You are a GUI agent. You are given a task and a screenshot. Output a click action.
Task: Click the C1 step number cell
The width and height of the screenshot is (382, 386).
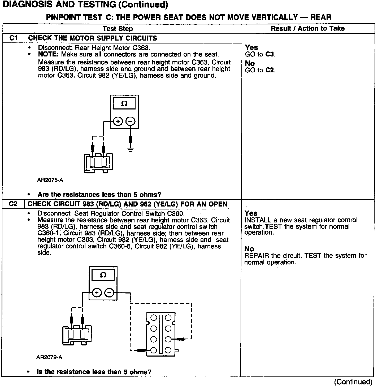pos(13,38)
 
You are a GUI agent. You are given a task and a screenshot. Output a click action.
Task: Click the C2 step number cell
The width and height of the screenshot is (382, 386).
pos(13,204)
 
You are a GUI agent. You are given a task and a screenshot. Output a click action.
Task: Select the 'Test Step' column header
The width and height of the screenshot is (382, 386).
pos(118,29)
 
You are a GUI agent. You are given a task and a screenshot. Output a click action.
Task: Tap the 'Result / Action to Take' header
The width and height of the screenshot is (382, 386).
pos(308,29)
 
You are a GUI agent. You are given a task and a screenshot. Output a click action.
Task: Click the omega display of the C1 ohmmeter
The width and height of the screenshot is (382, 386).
pos(124,103)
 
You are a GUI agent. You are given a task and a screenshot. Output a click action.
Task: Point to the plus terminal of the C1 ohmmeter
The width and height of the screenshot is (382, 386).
pos(118,122)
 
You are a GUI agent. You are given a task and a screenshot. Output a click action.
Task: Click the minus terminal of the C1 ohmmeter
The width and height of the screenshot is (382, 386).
pos(130,122)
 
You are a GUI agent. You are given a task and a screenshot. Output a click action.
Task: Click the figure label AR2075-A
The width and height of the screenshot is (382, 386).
pos(50,180)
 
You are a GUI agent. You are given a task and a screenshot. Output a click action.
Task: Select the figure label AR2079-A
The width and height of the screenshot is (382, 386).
pos(49,357)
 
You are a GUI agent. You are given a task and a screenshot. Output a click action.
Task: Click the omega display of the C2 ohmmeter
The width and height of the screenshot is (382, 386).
pos(103,275)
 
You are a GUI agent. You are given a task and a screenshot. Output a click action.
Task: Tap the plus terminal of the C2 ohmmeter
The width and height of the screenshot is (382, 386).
pos(97,293)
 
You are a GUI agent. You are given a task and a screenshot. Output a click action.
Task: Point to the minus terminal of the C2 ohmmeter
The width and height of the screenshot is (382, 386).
pos(109,293)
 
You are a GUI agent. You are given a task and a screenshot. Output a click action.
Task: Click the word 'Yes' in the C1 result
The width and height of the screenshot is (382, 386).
pos(251,47)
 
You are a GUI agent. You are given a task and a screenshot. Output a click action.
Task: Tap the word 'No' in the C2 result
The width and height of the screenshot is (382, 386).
pos(249,249)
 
